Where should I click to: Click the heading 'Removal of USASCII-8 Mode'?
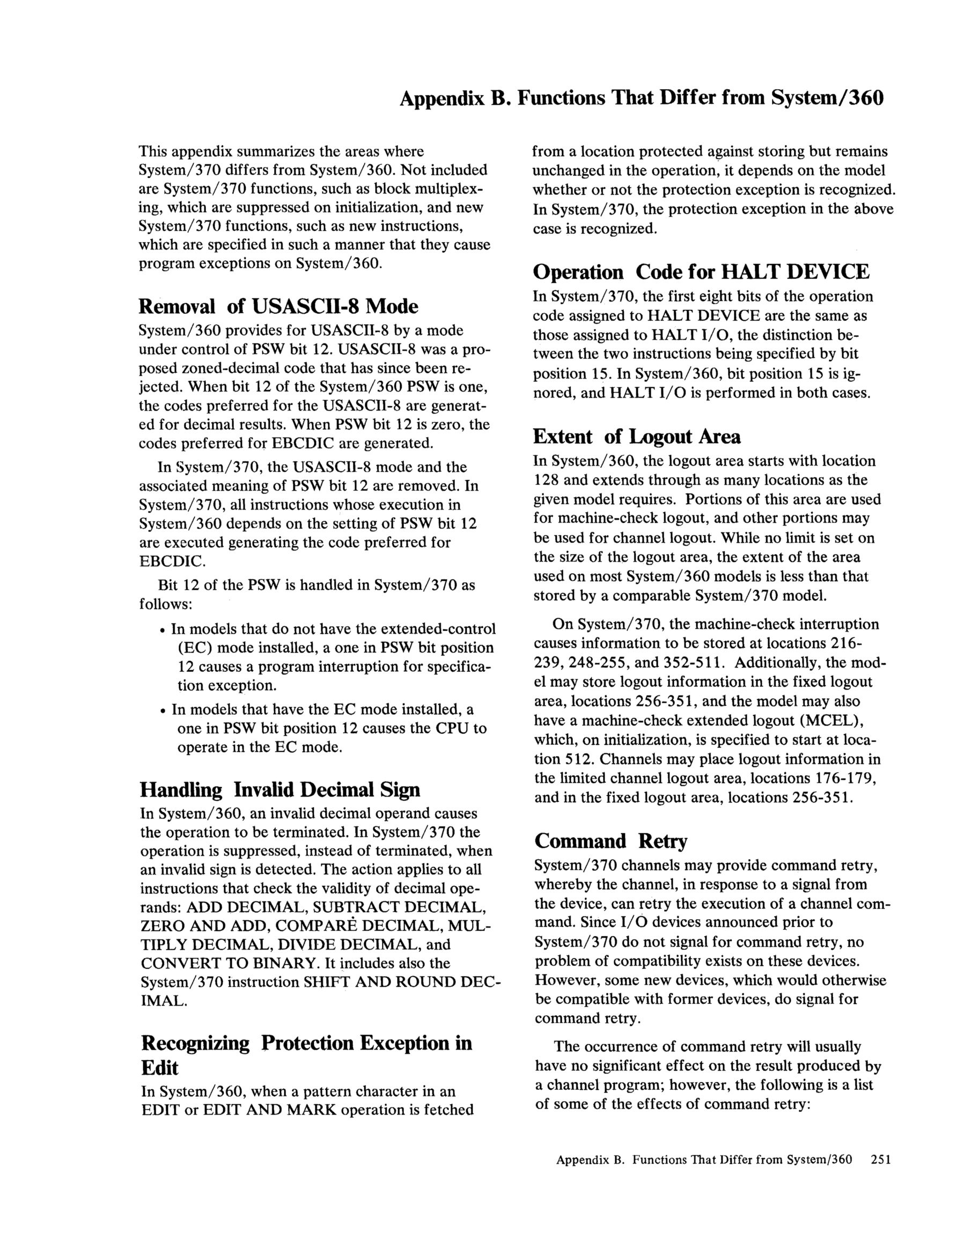click(278, 306)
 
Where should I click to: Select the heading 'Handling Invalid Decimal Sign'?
click(279, 789)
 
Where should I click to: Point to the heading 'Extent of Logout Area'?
click(637, 436)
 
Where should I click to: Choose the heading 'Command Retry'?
click(610, 841)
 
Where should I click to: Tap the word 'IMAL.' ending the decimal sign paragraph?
click(164, 1001)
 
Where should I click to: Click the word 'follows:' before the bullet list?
click(166, 604)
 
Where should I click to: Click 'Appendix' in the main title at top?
click(442, 98)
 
